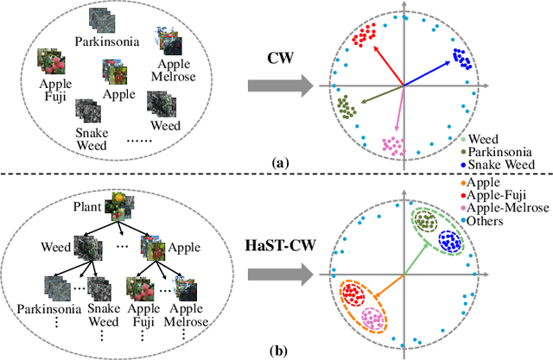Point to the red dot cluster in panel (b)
[353, 296]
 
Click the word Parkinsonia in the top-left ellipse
[101, 40]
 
